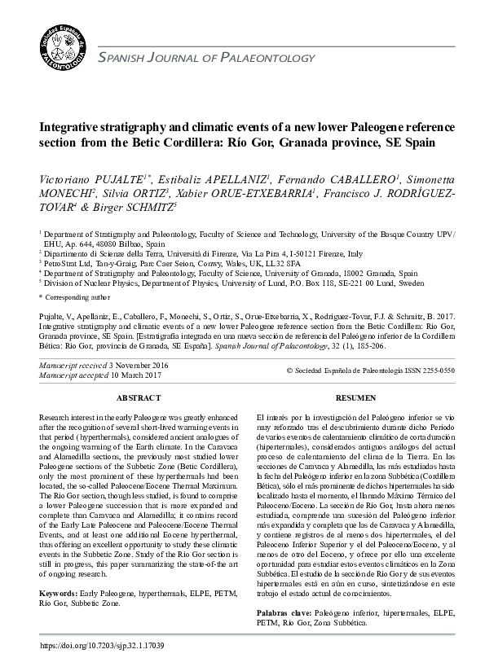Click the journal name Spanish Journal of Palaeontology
(x=204, y=57)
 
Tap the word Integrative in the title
(x=72, y=129)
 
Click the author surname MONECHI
(x=66, y=195)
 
